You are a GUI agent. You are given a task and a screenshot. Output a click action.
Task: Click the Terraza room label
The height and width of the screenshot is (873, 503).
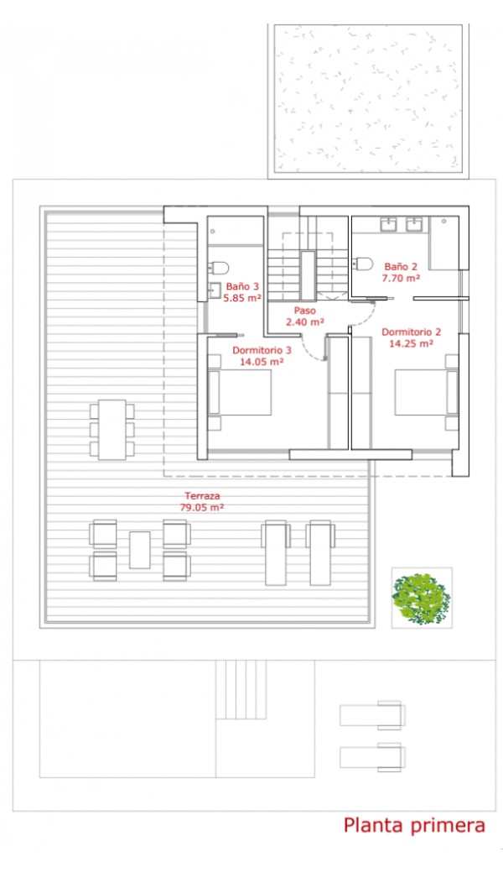coord(202,495)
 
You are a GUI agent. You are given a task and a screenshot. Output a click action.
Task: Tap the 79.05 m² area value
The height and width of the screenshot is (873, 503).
coord(202,507)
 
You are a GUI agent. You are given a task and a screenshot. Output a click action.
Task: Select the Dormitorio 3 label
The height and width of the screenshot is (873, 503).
coord(262,350)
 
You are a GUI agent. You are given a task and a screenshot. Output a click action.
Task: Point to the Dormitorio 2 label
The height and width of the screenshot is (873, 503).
coord(412,332)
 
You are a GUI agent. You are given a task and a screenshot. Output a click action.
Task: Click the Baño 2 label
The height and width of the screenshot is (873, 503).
coord(401,267)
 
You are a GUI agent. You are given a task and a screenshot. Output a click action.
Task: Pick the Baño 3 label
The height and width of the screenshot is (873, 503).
coord(242,287)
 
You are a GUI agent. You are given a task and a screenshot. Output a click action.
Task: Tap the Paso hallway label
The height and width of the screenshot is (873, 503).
coord(305,310)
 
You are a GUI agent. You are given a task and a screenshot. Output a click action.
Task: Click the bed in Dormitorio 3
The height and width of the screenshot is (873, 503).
coord(240,393)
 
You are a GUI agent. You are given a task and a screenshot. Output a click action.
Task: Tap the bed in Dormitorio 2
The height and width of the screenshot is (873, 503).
coord(427,393)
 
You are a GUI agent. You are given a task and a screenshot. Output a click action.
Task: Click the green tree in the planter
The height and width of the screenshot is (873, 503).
coord(421,599)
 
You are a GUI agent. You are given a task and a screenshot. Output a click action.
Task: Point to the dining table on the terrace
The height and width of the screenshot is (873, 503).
coord(112,429)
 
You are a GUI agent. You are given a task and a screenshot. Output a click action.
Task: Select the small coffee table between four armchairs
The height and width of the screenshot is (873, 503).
coord(139,550)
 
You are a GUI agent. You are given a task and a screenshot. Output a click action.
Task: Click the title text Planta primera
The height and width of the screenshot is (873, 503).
coord(415,826)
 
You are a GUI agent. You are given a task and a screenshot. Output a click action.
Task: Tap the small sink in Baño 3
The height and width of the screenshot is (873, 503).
coord(214,290)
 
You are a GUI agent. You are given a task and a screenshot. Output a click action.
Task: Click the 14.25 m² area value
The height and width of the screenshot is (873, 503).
coord(411,343)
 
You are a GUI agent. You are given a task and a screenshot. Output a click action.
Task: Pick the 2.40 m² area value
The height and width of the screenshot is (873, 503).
coord(305,321)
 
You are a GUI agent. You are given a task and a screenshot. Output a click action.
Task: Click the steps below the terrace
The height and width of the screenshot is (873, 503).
coord(241,689)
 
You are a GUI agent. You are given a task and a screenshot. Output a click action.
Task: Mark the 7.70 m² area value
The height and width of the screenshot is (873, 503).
coord(401,278)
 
